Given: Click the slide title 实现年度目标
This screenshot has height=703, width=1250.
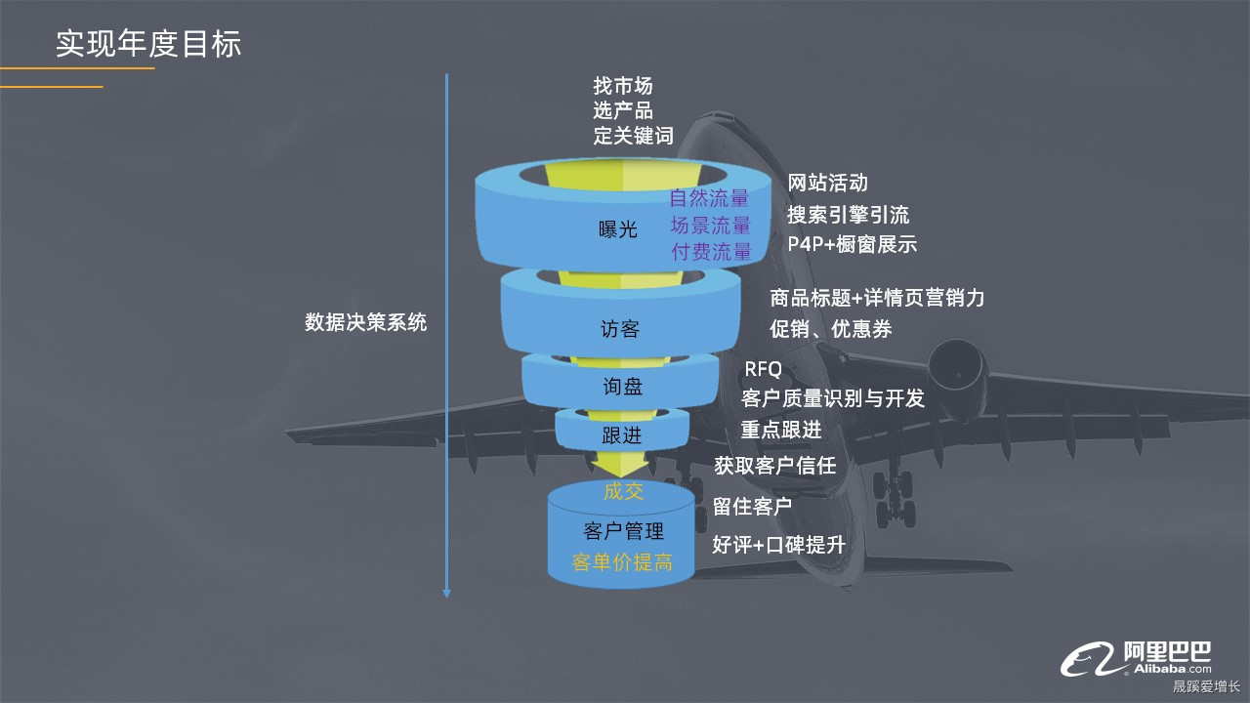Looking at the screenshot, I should coord(148,44).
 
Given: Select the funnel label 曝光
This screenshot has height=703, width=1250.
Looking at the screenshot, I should coord(617,230).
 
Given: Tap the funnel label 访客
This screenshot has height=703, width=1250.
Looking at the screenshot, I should coord(619,329).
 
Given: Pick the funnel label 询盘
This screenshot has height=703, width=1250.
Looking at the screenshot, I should coord(622,387).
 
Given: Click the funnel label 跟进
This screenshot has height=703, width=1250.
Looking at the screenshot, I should coord(622,435).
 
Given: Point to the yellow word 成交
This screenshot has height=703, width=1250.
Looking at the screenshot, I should coord(623,491).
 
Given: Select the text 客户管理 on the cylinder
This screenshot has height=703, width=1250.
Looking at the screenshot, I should coord(623,531).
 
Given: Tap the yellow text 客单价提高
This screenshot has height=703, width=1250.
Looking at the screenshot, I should coord(622,562).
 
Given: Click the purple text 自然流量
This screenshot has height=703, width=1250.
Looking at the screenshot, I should coord(710,198).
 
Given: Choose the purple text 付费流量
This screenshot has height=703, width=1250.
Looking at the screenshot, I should coord(711,251).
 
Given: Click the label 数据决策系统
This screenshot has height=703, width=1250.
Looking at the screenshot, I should coord(365,322).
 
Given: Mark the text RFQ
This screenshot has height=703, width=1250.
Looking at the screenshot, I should coord(763,369).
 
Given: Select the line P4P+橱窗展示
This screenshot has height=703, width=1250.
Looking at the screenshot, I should coord(852,244).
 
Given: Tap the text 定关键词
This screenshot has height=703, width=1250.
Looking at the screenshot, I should coord(633,136).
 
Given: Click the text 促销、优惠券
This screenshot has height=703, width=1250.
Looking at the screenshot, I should coord(830,329).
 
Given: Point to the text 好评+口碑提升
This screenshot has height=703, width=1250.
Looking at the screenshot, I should coord(778,545).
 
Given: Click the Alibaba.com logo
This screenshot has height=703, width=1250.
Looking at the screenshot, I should coord(1138,658).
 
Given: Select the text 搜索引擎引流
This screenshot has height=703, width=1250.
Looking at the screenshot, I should coord(848,215).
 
